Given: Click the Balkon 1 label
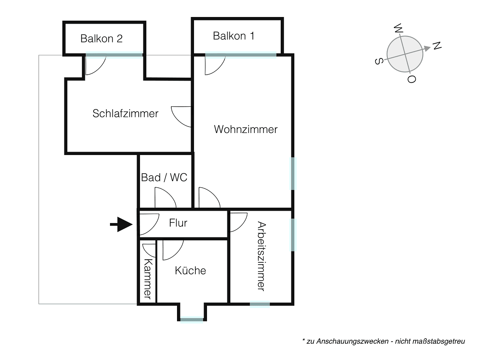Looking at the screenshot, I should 234,36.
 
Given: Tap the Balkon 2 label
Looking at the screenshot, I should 101,39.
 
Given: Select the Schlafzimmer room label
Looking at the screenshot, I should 125,114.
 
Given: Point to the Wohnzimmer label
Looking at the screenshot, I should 246,129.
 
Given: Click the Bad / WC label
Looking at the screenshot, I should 164,177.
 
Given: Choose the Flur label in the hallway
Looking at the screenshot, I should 178,223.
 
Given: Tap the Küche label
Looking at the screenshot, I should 190,270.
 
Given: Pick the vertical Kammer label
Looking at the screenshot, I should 148,279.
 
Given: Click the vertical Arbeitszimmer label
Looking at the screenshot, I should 262,256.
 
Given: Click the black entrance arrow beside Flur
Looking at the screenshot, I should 122,224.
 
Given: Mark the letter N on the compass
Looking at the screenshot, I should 437,46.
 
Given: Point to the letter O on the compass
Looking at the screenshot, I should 412,79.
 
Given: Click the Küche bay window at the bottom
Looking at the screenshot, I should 192,320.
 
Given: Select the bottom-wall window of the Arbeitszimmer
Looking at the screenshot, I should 260,304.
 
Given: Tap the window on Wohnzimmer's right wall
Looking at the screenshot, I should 293,174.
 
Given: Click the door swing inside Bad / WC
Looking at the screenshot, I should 165,198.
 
